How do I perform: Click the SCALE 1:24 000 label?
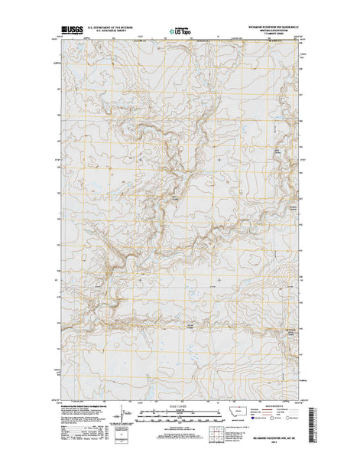[x=180, y=405]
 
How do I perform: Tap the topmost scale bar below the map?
[x=180, y=412]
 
